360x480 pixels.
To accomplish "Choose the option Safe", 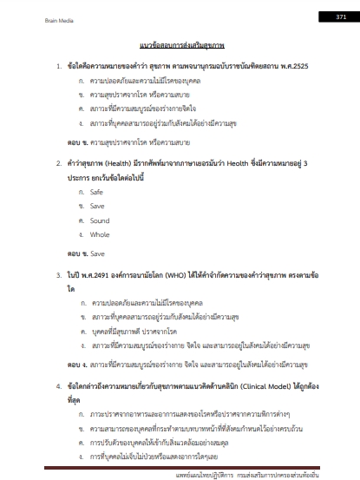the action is (x=96, y=191).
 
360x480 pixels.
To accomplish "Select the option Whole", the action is (x=100, y=234).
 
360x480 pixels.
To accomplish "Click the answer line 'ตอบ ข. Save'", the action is (x=87, y=253).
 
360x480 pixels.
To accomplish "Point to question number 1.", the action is (x=57, y=66).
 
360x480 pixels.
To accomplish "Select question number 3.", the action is (x=57, y=274).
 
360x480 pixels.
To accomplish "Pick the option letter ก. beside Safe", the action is (x=81, y=191).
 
